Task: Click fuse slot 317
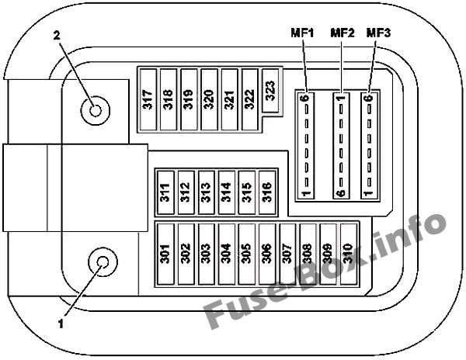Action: click(148, 99)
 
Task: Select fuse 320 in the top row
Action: click(209, 99)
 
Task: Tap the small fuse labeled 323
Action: click(270, 91)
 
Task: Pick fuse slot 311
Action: click(165, 192)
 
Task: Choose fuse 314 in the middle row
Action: click(227, 192)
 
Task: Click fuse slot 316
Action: click(267, 192)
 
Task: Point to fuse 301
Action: click(165, 254)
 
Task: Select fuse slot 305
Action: click(247, 254)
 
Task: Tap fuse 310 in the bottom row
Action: click(349, 254)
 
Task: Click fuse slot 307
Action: click(287, 254)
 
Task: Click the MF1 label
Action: click(303, 33)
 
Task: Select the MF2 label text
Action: click(343, 33)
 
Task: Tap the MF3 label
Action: click(378, 33)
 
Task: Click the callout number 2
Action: click(57, 36)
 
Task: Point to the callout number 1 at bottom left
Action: click(61, 324)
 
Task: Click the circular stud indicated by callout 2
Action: click(96, 110)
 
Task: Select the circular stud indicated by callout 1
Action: click(103, 262)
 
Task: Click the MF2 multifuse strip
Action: click(341, 145)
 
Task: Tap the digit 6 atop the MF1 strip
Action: click(306, 98)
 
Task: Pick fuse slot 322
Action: click(250, 99)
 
